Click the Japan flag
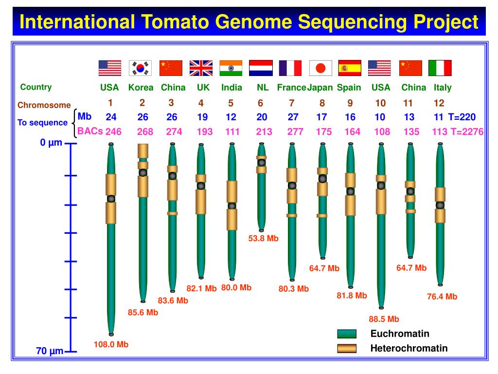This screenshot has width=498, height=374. (320, 68)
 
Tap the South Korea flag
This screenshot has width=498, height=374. (141, 68)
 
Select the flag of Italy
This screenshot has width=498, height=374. (440, 68)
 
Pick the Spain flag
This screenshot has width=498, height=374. (350, 68)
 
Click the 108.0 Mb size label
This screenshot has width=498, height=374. (111, 344)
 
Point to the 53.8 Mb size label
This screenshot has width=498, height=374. (263, 238)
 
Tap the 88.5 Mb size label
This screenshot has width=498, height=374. (384, 319)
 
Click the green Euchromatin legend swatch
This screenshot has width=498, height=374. (347, 334)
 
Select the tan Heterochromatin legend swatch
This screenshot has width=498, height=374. (347, 348)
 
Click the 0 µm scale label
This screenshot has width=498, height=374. (49, 143)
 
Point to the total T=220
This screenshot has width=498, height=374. (462, 117)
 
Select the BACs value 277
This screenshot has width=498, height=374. (291, 131)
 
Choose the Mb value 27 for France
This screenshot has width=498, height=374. (291, 117)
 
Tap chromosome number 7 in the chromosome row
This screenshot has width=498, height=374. (291, 103)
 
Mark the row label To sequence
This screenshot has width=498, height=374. (43, 123)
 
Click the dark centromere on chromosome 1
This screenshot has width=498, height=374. (111, 198)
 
